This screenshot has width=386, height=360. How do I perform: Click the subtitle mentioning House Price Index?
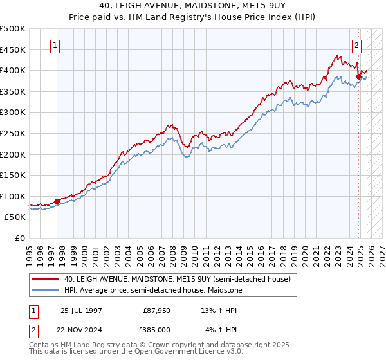(x=193, y=17)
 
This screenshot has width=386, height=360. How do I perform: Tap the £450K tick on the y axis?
(x=13, y=50)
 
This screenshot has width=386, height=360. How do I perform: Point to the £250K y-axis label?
(x=13, y=133)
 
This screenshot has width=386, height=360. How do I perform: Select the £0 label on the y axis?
(x=19, y=238)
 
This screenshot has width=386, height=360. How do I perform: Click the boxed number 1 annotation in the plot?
(x=56, y=46)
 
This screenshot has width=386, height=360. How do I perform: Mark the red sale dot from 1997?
(x=57, y=201)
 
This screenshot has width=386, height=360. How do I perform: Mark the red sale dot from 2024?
(x=358, y=76)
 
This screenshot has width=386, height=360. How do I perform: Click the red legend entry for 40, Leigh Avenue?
(x=178, y=280)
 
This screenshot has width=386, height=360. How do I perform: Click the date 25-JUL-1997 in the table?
(x=81, y=310)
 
